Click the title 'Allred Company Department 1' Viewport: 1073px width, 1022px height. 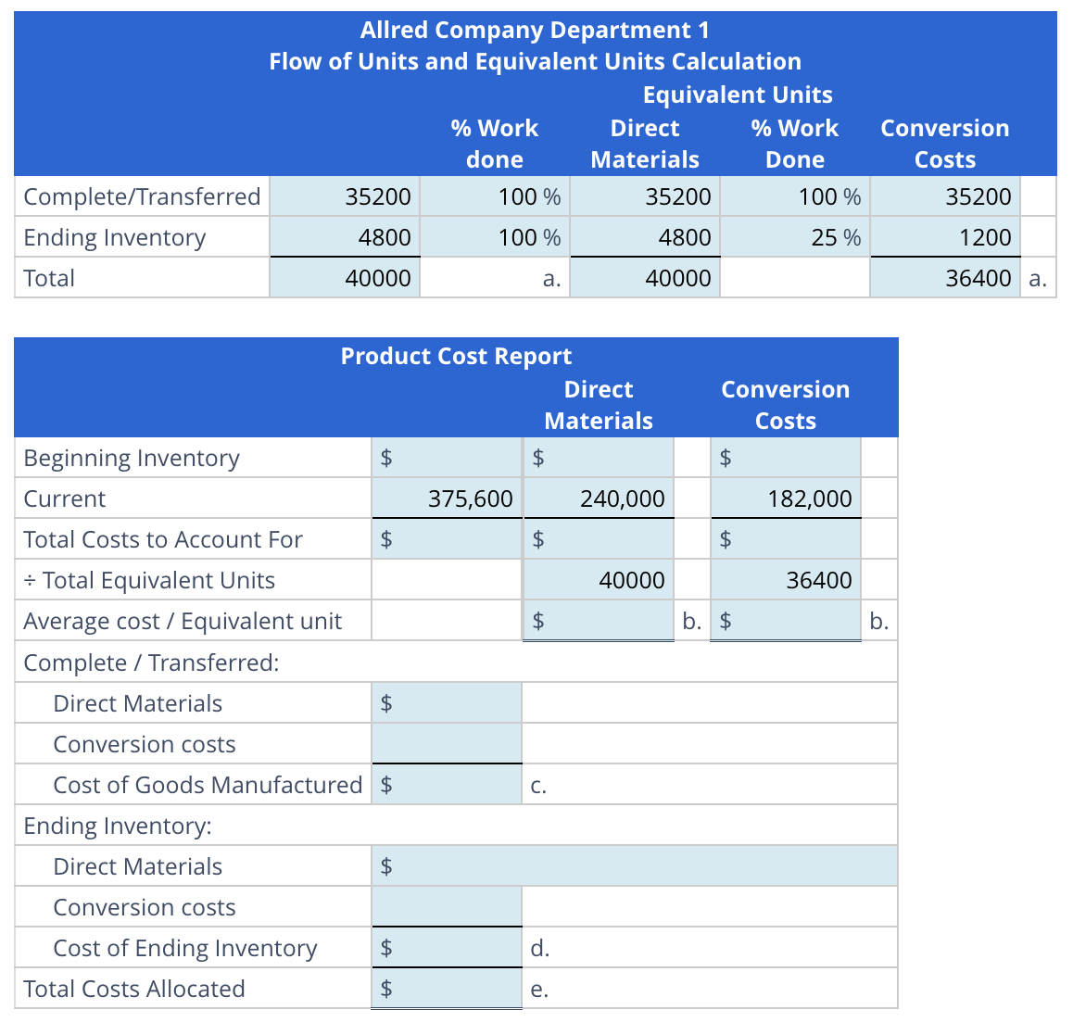[x=535, y=30]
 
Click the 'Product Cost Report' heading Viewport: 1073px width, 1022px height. [x=456, y=356]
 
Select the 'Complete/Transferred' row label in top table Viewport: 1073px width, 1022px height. [x=142, y=196]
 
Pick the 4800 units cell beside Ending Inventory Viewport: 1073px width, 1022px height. [x=385, y=237]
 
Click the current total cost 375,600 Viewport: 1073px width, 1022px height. [x=470, y=498]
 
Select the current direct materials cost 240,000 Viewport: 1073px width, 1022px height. [x=622, y=498]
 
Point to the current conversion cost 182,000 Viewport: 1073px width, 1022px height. [x=809, y=498]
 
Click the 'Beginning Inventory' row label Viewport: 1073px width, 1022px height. [x=132, y=458]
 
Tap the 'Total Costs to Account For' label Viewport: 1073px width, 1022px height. [x=163, y=539]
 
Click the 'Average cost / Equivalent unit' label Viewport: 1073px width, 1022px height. [x=183, y=621]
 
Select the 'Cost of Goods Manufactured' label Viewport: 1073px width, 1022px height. [x=208, y=785]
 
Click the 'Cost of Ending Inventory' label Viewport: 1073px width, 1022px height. [x=185, y=948]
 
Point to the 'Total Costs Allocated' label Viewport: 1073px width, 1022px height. [x=134, y=989]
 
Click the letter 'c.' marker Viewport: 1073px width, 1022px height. [x=538, y=786]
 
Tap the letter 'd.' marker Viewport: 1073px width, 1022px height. [x=539, y=948]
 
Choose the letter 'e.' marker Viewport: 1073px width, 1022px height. [x=539, y=990]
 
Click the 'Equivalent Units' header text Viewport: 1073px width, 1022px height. [x=738, y=95]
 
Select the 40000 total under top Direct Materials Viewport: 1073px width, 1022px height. [x=677, y=278]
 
